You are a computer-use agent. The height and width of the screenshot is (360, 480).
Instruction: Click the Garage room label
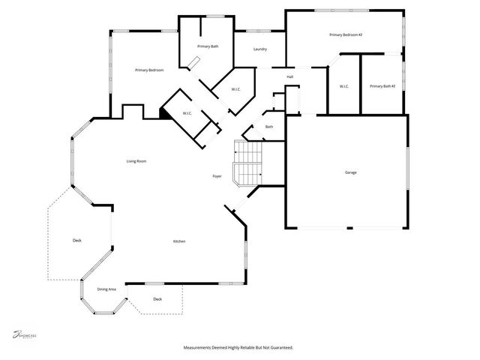350,172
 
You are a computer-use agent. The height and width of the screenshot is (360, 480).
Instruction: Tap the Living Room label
136,161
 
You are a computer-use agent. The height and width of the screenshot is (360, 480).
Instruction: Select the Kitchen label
179,241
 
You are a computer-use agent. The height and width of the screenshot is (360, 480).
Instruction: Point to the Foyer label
217,176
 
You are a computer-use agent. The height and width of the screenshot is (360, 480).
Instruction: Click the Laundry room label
260,49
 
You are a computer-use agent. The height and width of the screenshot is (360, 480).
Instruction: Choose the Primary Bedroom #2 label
346,35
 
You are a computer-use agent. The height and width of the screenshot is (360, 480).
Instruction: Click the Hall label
289,76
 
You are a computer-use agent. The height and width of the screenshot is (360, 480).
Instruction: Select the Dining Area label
106,289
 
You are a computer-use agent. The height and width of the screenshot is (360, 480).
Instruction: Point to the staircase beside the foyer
247,163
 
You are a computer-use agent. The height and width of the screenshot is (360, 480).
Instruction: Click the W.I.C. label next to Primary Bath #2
344,86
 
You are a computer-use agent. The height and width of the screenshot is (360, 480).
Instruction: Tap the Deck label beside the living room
76,240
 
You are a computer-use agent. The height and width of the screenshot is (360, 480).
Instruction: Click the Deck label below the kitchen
157,299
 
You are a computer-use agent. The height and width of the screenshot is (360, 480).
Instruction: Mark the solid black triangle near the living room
163,113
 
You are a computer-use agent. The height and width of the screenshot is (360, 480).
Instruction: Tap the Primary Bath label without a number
208,46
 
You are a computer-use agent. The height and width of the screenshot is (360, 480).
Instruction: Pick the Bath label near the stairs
269,127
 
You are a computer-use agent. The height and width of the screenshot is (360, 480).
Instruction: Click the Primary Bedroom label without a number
149,70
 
